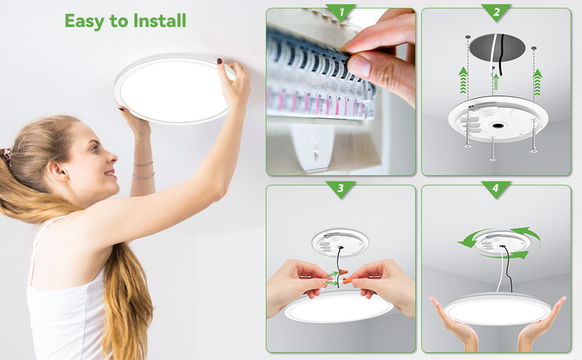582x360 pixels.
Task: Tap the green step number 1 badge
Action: click(x=340, y=11)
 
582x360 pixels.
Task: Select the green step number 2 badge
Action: click(x=496, y=11)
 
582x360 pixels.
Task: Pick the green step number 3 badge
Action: click(x=340, y=188)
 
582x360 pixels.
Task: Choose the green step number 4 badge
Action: click(x=496, y=188)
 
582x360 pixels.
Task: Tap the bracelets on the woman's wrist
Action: click(x=143, y=170)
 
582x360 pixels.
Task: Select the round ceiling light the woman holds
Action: click(x=174, y=88)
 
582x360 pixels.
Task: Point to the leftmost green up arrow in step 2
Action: click(x=463, y=80)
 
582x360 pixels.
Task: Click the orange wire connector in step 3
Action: click(x=344, y=274)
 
